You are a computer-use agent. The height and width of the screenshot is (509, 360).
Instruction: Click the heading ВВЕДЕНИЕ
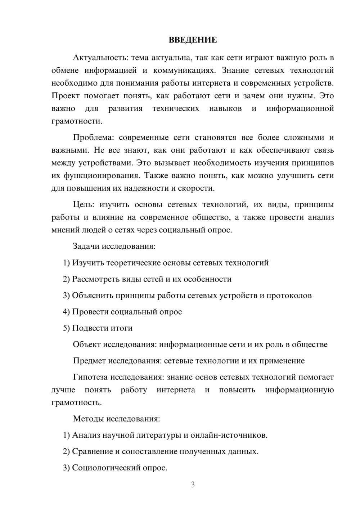193,40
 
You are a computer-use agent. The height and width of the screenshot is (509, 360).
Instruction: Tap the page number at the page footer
193,485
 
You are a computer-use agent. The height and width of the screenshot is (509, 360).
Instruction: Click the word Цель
84,204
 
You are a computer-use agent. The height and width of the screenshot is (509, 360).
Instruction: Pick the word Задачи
86,246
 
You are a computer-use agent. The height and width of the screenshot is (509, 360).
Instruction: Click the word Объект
87,344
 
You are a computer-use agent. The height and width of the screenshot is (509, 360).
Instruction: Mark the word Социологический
105,468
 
